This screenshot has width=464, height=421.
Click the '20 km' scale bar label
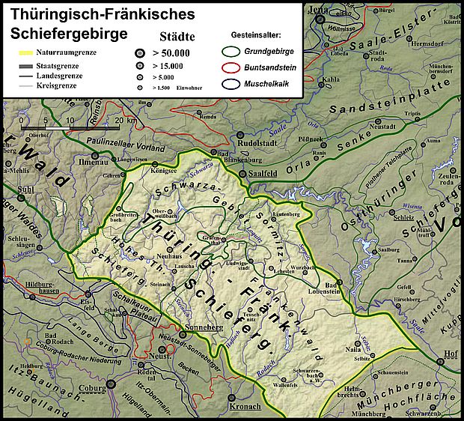coord(126,120)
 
